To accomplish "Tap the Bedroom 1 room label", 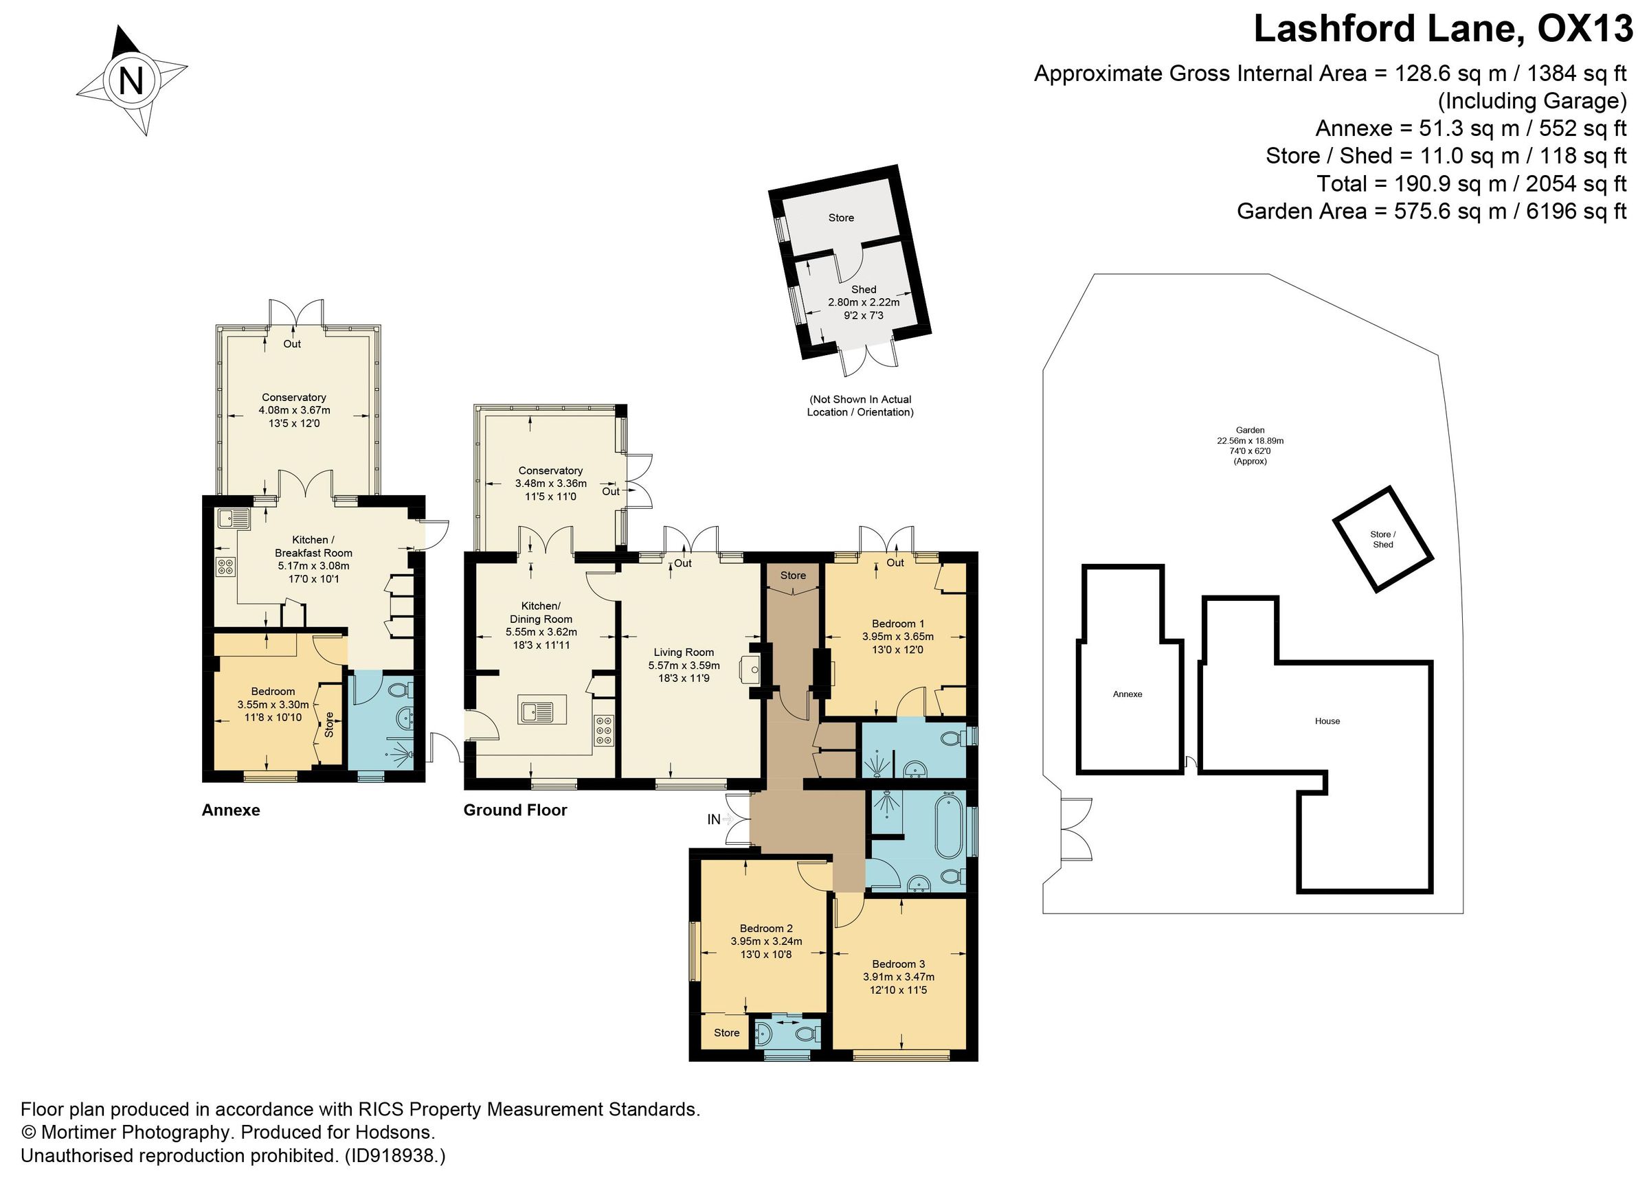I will tap(897, 623).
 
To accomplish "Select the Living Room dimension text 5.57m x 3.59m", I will tap(684, 665).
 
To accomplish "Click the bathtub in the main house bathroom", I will tap(948, 828).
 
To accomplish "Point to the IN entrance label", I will tap(714, 819).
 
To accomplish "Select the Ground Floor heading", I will tap(515, 810).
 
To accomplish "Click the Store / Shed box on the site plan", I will tap(1382, 539).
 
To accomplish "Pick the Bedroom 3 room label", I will tap(898, 964).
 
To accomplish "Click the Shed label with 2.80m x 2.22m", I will tap(864, 289).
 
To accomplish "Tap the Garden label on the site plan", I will tap(1250, 431).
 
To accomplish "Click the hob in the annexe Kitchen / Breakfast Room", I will tap(225, 565).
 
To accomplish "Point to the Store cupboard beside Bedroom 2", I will tap(726, 1033).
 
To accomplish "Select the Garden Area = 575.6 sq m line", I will tap(1431, 212).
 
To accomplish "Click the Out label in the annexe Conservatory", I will tap(291, 344).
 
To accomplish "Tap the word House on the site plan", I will tap(1327, 721).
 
